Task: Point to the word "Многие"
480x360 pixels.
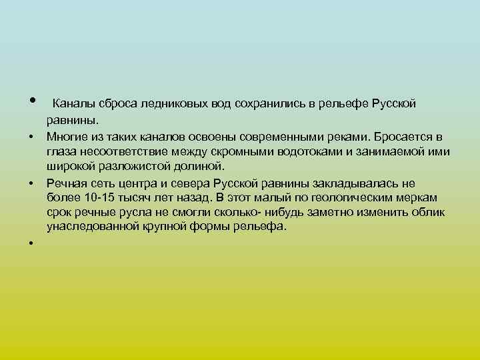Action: coord(66,137)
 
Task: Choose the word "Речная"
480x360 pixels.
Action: coord(65,183)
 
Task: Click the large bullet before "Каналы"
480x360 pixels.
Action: coord(31,102)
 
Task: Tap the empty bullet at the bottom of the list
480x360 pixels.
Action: coord(31,243)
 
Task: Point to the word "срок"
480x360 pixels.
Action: coord(59,212)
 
